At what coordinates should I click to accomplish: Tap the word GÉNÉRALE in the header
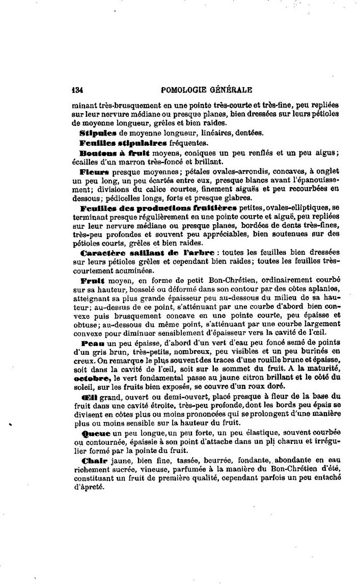(231, 91)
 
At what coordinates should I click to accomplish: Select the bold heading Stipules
(96, 134)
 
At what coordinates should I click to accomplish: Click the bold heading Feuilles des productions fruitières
(158, 208)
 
